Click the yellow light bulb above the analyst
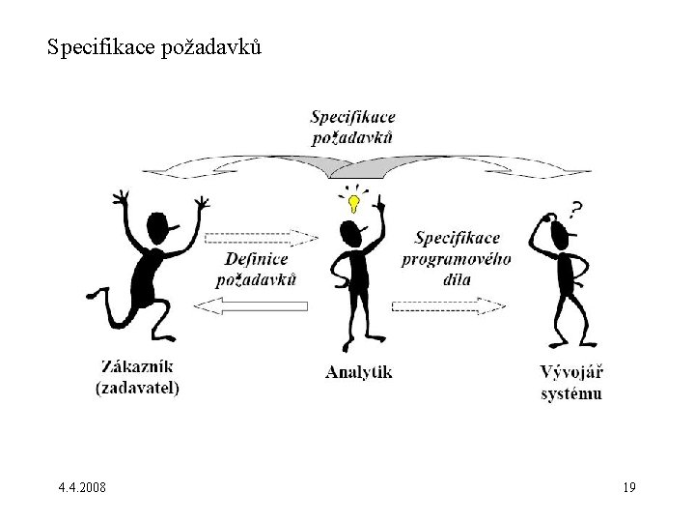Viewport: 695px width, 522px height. pos(354,203)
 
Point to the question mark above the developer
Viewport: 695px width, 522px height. pos(575,208)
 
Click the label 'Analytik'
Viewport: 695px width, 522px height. pos(358,370)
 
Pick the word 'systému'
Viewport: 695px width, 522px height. pos(570,392)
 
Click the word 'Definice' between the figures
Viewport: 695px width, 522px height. pos(258,258)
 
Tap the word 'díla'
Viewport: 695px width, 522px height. pos(456,277)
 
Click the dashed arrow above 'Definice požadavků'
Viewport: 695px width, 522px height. pos(262,237)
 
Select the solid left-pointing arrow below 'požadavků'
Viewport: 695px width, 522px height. pos(250,305)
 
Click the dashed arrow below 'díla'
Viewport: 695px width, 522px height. pos(448,305)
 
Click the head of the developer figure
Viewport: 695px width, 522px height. pos(558,229)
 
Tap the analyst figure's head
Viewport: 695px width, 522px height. pos(350,232)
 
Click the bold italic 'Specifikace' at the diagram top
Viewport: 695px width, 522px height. pos(352,117)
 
